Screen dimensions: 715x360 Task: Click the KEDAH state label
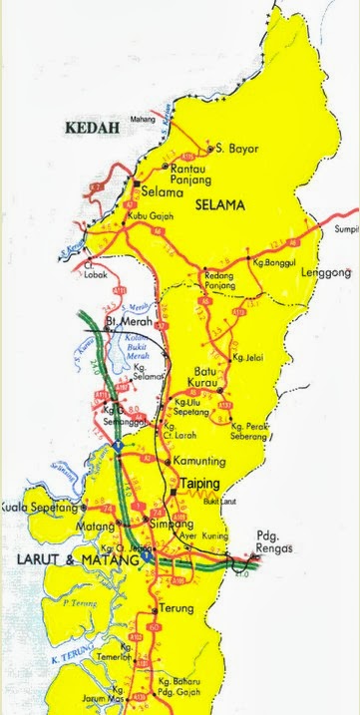[91, 128]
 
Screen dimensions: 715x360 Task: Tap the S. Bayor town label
[237, 149]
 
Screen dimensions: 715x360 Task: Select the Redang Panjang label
[219, 280]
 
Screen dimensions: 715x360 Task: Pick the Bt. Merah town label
[141, 323]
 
